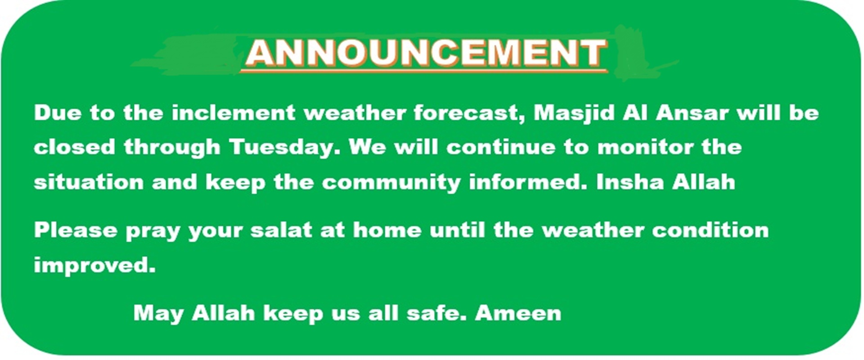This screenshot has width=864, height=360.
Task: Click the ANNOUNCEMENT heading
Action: [426, 53]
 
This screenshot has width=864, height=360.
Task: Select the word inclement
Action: [233, 112]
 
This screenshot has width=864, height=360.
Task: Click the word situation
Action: [89, 182]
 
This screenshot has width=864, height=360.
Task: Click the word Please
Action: [76, 230]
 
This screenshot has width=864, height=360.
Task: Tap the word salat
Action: [281, 230]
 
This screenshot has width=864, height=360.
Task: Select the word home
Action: [387, 230]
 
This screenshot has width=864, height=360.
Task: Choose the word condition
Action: [711, 230]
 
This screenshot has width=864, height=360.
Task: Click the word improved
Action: [94, 265]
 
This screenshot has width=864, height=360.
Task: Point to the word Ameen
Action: [518, 313]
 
